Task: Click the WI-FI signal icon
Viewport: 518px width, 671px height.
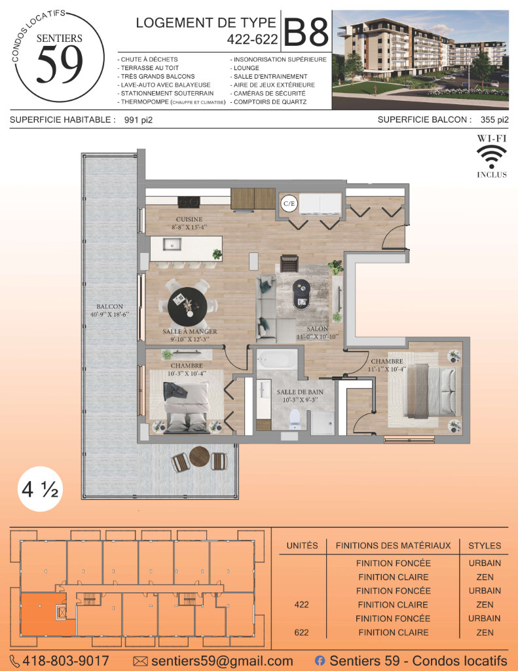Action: [x=492, y=157]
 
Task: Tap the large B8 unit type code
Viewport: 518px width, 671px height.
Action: [x=306, y=31]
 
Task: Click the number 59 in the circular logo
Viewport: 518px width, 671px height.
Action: [x=60, y=64]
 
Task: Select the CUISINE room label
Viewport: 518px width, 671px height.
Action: [x=189, y=219]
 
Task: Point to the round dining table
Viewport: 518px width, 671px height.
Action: [x=188, y=306]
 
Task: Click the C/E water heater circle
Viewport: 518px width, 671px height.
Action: [x=289, y=203]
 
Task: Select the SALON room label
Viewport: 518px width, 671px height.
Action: [x=318, y=329]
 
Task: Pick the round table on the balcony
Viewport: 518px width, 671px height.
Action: [x=199, y=457]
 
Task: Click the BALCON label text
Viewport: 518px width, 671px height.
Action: [x=110, y=307]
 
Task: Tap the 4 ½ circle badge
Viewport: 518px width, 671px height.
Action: [x=40, y=489]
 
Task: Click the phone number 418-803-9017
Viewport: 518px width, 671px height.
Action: [x=65, y=661]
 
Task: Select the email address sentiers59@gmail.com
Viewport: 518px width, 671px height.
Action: [x=222, y=661]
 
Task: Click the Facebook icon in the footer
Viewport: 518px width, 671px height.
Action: [x=320, y=661]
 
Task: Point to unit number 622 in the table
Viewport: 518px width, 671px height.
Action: [x=301, y=632]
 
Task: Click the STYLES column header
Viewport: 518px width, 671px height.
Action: [x=485, y=546]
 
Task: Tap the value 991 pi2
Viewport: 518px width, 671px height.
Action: [x=138, y=121]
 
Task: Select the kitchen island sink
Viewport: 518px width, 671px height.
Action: [x=172, y=245]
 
